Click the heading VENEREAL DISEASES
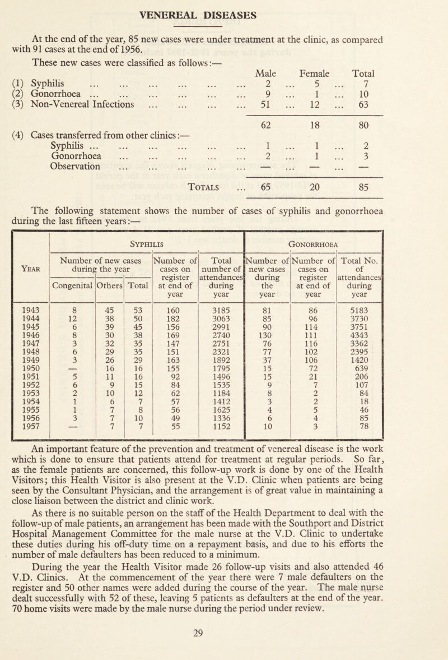pos(224,12)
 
